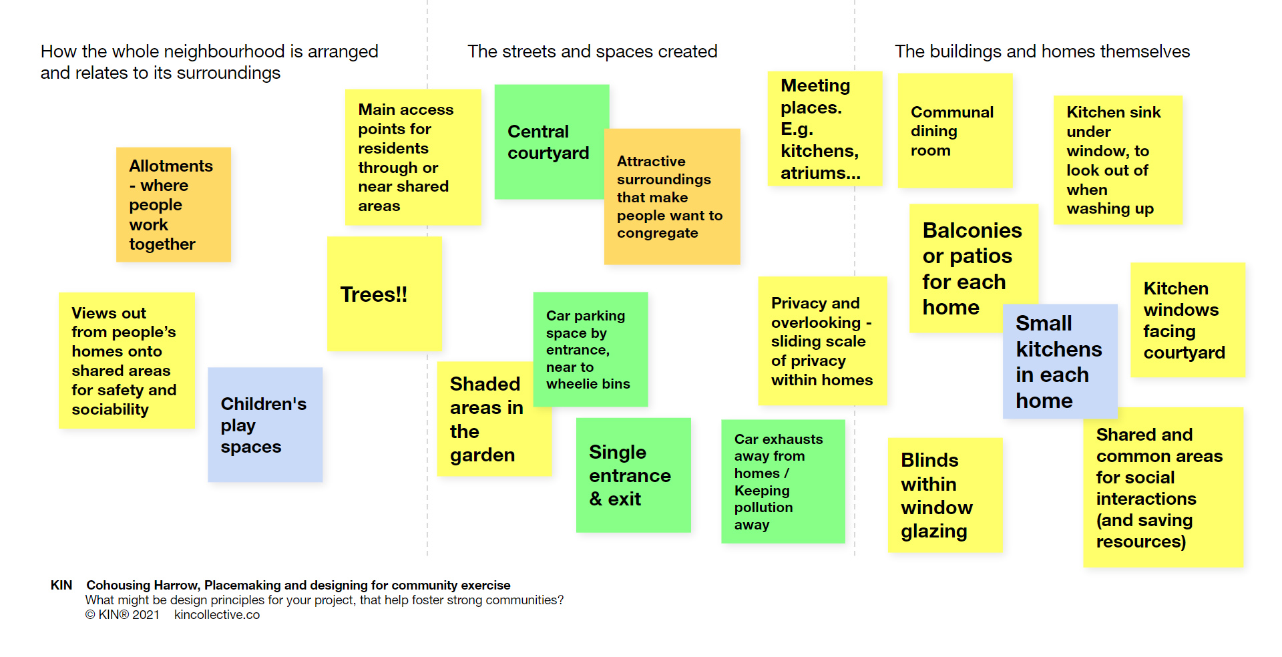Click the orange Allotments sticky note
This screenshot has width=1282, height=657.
pyautogui.click(x=173, y=204)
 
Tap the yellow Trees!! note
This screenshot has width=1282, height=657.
pyautogui.click(x=384, y=294)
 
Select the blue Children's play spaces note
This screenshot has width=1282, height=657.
pyautogui.click(x=264, y=425)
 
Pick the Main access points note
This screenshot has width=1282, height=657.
pyautogui.click(x=412, y=157)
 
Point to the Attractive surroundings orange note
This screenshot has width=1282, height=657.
pyautogui.click(x=671, y=196)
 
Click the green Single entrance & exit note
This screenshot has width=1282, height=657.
pyautogui.click(x=632, y=475)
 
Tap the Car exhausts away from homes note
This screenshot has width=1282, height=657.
pyautogui.click(x=782, y=481)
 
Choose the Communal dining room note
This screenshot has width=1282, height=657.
pyautogui.click(x=954, y=131)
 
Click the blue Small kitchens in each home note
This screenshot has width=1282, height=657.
pyautogui.click(x=1059, y=361)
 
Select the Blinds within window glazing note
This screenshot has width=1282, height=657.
pyautogui.click(x=943, y=495)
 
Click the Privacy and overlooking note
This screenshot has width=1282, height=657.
pyautogui.click(x=821, y=341)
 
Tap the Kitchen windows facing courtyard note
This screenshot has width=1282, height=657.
pyautogui.click(x=1187, y=320)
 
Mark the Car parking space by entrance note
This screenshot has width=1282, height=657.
pyautogui.click(x=590, y=349)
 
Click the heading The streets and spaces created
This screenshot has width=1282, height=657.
pyautogui.click(x=592, y=51)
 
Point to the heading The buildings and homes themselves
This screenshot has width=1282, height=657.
pyautogui.click(x=1042, y=51)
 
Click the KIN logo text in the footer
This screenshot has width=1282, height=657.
pyautogui.click(x=61, y=585)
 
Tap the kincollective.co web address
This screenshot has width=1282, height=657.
pyautogui.click(x=216, y=614)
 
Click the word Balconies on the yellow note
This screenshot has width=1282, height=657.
pyautogui.click(x=972, y=230)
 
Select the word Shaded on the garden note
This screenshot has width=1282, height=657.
pyautogui.click(x=484, y=384)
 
